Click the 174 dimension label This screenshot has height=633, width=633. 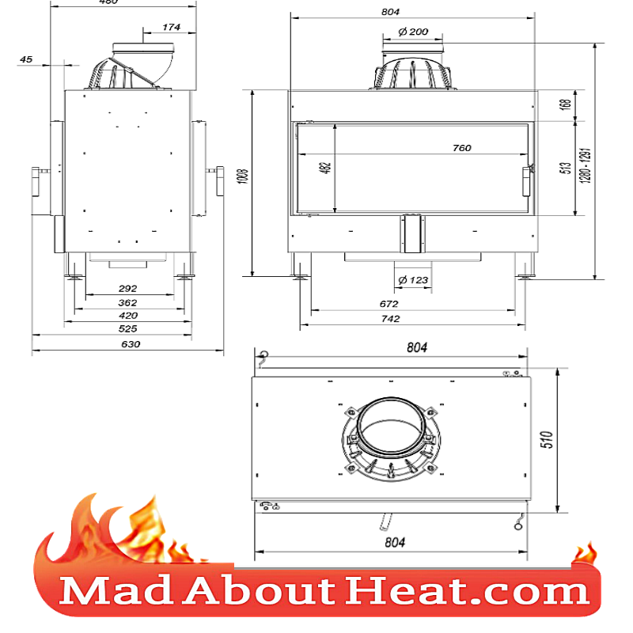click(x=171, y=28)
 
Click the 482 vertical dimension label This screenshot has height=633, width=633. click(x=327, y=168)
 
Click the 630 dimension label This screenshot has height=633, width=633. click(x=130, y=344)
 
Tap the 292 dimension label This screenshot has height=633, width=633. click(x=127, y=289)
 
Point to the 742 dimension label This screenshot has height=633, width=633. click(x=390, y=319)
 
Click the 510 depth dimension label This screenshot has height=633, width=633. click(x=568, y=440)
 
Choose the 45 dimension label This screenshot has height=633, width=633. click(x=27, y=59)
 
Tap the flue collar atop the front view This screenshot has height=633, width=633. click(x=412, y=71)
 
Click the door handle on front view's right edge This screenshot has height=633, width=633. click(x=526, y=181)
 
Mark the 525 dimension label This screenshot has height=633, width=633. click(x=127, y=328)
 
